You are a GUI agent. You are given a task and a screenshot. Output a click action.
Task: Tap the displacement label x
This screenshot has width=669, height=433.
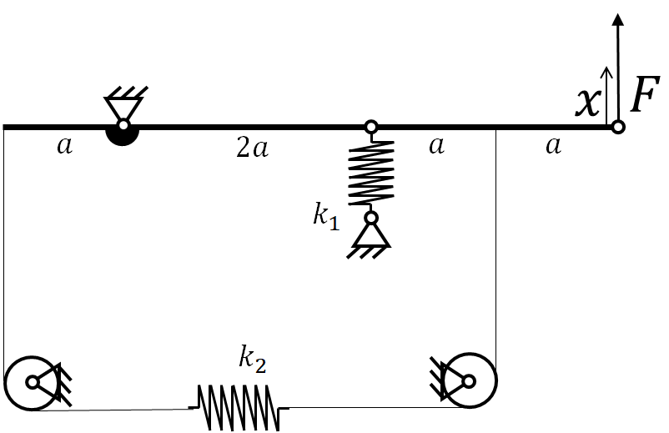coord(588,103)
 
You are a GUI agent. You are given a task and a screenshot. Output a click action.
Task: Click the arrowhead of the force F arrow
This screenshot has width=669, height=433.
coord(617,20)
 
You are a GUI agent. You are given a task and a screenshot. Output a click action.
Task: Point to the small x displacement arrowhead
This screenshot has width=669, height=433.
coord(606,72)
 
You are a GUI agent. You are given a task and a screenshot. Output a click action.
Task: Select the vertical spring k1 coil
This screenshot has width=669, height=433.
coord(371,174)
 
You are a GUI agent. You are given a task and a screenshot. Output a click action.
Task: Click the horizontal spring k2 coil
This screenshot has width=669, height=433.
coord(239,407)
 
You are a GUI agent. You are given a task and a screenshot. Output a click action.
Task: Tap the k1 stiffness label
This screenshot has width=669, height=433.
coord(326,217)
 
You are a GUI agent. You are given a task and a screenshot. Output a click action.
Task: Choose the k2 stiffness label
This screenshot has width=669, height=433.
coord(253,360)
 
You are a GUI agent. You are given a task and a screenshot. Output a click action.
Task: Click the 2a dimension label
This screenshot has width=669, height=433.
coord(252,148)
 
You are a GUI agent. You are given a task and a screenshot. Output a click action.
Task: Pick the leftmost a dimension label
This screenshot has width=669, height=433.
coord(65,146)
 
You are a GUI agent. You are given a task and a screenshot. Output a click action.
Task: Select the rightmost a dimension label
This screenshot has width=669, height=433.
coord(553,146)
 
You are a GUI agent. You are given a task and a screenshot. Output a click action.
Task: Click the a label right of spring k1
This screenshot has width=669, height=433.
coord(436,146)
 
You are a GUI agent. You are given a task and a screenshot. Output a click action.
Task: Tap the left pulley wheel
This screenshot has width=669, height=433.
coord(32,383)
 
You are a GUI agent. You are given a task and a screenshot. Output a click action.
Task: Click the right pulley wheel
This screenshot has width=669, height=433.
coord(470,380)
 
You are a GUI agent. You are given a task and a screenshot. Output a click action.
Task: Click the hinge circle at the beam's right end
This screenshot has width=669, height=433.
coord(618,127)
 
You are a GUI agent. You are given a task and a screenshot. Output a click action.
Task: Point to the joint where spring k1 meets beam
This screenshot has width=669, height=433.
coord(371,127)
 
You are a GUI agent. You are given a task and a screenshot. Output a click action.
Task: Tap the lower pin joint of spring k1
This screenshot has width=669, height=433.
coord(371,218)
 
